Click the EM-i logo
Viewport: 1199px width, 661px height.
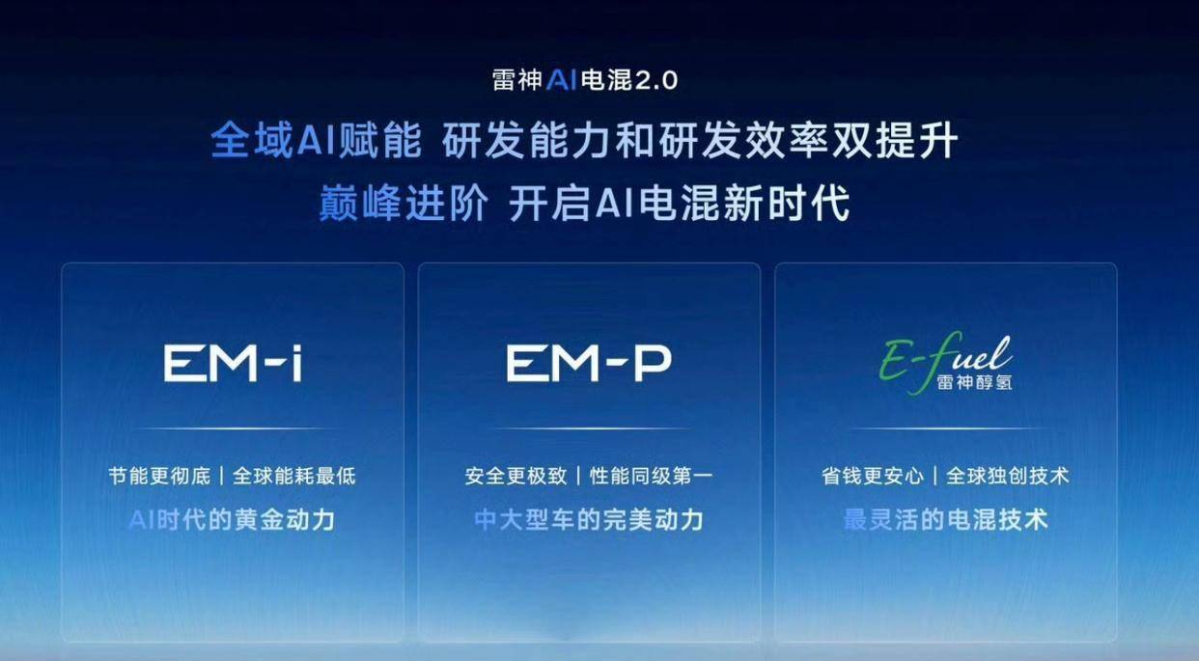pos(233,364)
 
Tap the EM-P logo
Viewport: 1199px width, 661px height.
pos(589,364)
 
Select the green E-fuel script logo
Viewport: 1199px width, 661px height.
pos(945,362)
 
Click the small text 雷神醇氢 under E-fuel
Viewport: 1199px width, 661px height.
pos(974,382)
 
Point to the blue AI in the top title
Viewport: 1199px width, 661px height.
pos(561,80)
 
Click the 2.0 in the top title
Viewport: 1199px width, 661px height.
pos(656,81)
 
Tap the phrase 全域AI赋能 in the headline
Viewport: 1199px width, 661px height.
pos(317,141)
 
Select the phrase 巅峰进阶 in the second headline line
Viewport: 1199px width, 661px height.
pos(404,203)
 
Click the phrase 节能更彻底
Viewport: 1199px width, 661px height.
pos(159,476)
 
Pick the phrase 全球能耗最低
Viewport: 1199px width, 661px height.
pos(293,476)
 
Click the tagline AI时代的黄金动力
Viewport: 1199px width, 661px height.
pos(233,520)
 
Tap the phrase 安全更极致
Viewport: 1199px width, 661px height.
pos(516,476)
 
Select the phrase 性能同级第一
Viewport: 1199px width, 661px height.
pos(651,476)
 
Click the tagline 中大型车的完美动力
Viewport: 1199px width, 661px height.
pos(589,520)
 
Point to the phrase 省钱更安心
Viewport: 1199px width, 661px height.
pos(873,476)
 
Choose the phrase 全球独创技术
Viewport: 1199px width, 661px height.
pos(1008,476)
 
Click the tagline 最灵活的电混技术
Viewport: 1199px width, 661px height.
pos(945,520)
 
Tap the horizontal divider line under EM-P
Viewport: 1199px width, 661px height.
pos(589,428)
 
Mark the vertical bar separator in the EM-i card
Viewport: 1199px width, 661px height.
pos(222,476)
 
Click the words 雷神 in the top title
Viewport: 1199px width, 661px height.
pos(517,81)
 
